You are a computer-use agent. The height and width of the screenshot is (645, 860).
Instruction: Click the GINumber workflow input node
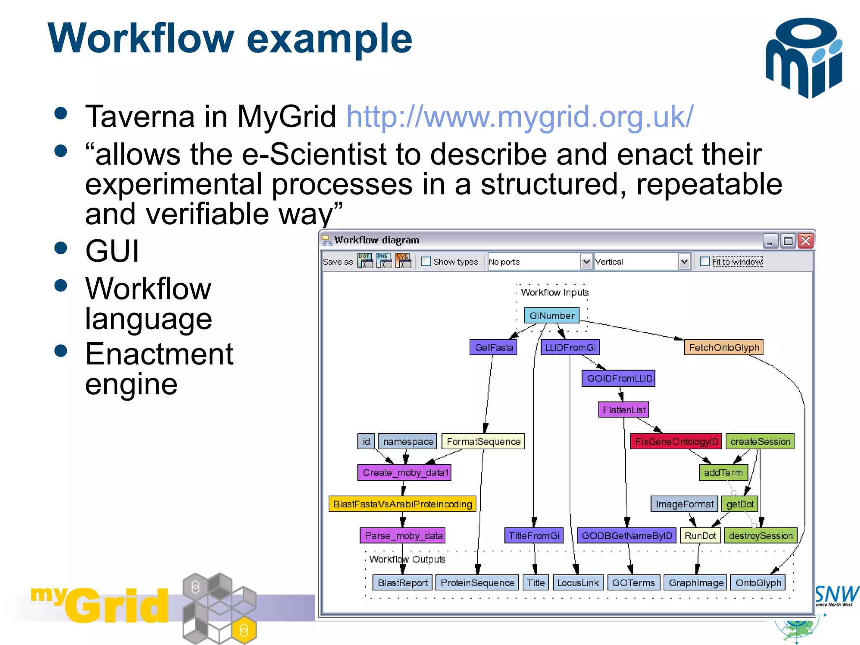551,316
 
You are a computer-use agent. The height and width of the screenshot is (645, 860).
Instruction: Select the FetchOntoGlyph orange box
724,348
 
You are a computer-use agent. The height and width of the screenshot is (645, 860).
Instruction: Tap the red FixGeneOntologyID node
676,442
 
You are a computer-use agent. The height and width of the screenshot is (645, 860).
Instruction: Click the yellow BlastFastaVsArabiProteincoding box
402,504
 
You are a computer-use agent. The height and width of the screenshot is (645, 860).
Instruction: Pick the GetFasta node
493,348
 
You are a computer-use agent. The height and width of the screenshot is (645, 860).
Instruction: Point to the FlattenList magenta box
624,410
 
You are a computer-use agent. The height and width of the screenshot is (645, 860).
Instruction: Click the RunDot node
700,536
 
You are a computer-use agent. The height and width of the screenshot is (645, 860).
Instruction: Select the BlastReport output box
402,583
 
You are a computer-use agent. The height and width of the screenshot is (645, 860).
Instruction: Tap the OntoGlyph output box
758,583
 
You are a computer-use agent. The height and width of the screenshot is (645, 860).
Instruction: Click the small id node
366,442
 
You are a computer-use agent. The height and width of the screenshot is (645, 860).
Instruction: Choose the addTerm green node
723,473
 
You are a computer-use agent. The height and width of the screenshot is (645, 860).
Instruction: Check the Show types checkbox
426,262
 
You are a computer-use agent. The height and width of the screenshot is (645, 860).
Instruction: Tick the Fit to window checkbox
705,262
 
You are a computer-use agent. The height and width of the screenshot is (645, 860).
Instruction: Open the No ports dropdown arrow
586,262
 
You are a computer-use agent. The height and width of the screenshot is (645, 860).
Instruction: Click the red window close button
805,241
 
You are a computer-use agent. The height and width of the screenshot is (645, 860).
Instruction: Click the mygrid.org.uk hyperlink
519,117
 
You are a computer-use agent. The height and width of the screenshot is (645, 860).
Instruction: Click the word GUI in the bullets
112,251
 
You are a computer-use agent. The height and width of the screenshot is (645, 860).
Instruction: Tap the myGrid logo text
101,605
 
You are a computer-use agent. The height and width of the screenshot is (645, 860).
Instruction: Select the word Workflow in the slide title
141,39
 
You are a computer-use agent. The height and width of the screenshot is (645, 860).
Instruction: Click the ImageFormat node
684,504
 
